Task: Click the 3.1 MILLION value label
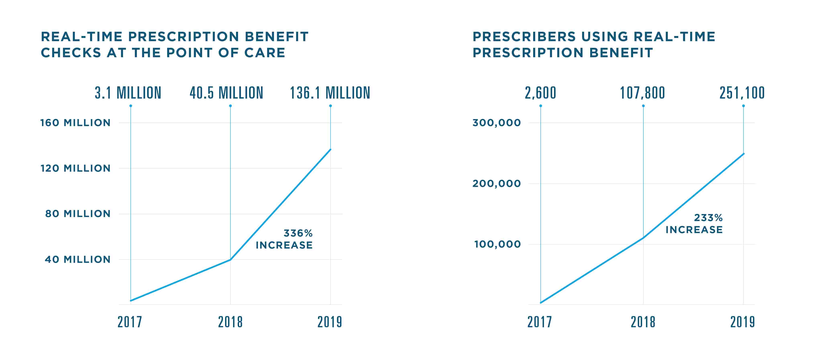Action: coord(128,93)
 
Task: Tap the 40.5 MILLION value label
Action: coord(226,93)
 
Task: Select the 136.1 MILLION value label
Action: coord(330,93)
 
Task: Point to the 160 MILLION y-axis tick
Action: coord(75,123)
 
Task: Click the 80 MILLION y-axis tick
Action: coord(78,214)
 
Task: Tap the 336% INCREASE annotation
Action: coord(284,239)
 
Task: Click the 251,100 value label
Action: coord(742,93)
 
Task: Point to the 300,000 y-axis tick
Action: coord(497,123)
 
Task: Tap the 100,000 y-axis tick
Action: coord(497,245)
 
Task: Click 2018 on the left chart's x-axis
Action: coord(230,322)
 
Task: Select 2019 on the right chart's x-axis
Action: coord(742,322)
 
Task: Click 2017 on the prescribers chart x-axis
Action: coord(540,322)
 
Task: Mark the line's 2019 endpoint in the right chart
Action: coord(744,154)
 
